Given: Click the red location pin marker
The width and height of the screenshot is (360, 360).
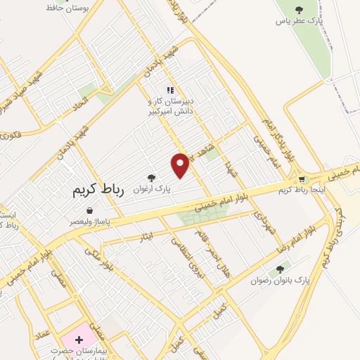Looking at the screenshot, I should click(181, 165).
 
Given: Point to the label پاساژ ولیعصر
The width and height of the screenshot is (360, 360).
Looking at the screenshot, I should click(89, 221).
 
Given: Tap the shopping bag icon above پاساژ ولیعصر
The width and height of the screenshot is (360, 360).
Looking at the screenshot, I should click(89, 210).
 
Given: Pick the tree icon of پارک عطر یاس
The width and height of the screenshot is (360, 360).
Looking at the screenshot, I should click(299, 10).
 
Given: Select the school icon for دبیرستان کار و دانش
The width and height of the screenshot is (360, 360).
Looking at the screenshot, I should click(169, 91).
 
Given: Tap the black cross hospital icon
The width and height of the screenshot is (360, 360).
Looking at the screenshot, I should click(79, 339).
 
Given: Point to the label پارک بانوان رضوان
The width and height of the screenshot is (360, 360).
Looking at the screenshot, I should click(281, 280).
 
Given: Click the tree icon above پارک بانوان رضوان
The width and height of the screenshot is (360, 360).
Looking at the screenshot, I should click(281, 269).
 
